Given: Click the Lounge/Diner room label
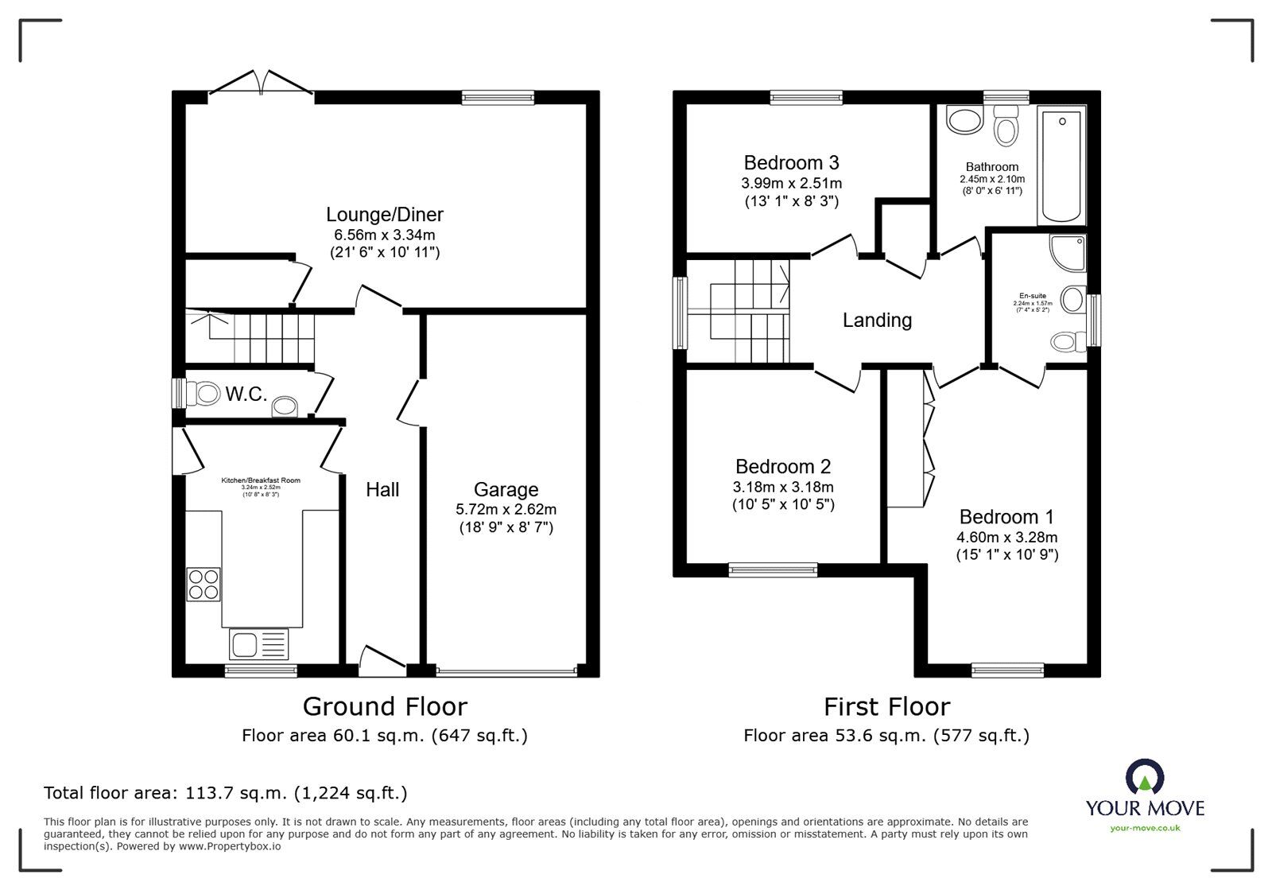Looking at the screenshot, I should coord(384,214).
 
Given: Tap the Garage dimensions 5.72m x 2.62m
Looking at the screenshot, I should coord(506,509).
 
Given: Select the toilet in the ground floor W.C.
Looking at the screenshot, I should coord(204,393).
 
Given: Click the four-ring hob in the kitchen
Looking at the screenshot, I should coord(204,585).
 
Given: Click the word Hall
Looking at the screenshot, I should coord(382,490).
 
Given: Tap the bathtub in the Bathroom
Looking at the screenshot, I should coord(1061,167).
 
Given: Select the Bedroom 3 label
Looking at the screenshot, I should coord(791,163).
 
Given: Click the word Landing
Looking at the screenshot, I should coord(877,321).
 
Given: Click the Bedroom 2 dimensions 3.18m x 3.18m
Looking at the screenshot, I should coord(783,487).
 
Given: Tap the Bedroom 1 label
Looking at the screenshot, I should coord(1007,517).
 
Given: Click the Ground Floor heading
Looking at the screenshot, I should coord(385,706).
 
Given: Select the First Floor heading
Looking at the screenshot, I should coord(886,706).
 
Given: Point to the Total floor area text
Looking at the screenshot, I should coord(225,793).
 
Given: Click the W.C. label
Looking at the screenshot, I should coord(246,394).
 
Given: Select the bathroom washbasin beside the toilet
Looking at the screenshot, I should coord(965,122).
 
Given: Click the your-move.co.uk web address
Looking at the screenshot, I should coord(1145,829).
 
